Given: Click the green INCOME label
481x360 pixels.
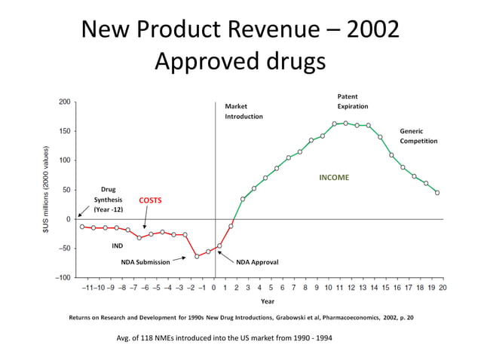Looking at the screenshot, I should click(334, 178).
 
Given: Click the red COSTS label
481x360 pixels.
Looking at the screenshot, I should click(150, 200).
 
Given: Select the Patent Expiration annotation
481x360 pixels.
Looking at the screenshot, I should click(352, 102).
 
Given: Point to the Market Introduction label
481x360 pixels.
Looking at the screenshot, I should click(244, 111).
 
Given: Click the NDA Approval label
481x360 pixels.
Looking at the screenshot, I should click(257, 262).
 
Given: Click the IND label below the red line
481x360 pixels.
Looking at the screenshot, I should click(117, 246).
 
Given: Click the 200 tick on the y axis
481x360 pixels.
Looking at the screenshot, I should click(65, 102).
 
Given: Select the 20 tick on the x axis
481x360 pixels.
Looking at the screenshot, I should click(442, 288).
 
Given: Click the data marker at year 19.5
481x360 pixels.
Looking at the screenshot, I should click(437, 193).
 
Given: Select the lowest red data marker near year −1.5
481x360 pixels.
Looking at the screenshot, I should click(197, 256).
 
